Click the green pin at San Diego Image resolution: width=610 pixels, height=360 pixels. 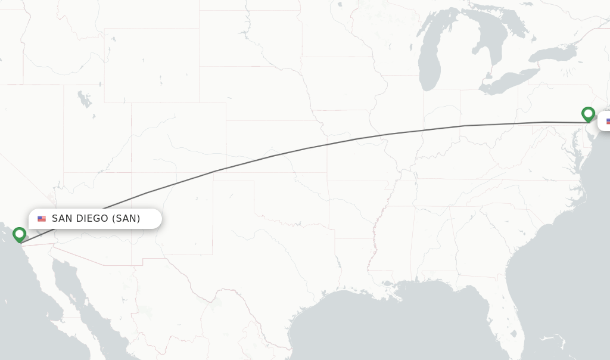(19, 234)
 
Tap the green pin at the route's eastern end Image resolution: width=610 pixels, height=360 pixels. (588, 113)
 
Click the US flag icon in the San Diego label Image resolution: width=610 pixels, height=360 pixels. (42, 219)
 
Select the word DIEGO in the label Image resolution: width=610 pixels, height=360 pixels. (92, 219)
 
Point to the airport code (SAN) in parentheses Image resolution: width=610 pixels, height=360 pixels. (126, 219)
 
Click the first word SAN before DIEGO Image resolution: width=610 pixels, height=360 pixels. (62, 219)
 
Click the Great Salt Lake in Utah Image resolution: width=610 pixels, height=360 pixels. (85, 100)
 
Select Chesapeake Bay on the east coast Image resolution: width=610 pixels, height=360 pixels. (575, 146)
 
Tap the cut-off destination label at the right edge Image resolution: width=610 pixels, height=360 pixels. (605, 121)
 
